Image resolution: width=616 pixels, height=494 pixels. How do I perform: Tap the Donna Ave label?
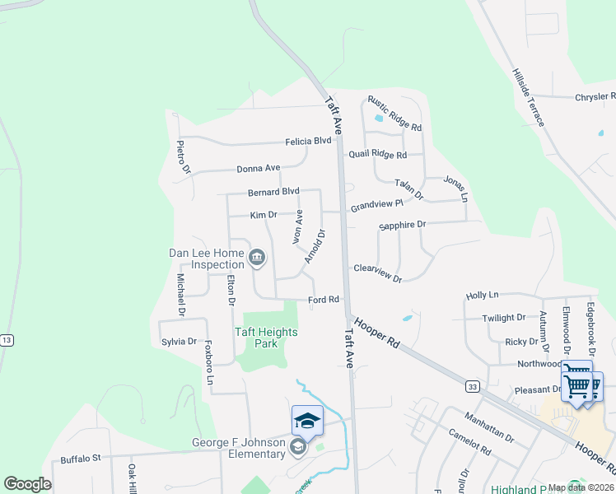[259, 168]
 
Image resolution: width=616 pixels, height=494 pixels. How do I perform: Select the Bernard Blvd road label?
[273, 192]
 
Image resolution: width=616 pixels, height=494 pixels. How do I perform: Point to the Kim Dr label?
[264, 215]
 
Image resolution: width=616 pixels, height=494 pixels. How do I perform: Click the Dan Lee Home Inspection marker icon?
[256, 259]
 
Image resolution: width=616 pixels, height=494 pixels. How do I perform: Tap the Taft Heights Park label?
[266, 338]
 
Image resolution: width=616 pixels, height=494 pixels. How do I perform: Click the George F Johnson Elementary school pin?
[307, 421]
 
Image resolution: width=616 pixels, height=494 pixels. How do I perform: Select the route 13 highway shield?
[7, 340]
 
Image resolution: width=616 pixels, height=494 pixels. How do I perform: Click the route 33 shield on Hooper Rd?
[471, 385]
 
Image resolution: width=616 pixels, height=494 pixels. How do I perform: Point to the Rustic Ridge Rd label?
[394, 114]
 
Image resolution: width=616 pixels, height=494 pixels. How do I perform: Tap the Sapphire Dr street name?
[402, 225]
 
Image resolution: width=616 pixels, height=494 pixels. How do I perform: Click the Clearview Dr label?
[377, 273]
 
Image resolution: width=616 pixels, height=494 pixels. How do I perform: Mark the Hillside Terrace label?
[528, 97]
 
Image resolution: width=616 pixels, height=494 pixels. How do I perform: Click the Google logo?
[27, 484]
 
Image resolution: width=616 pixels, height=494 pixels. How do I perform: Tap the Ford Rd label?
[324, 300]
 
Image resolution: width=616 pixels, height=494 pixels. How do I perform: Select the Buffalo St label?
[80, 458]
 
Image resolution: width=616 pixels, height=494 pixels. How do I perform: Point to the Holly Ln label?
[483, 295]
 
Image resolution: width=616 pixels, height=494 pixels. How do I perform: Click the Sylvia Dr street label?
[179, 342]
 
